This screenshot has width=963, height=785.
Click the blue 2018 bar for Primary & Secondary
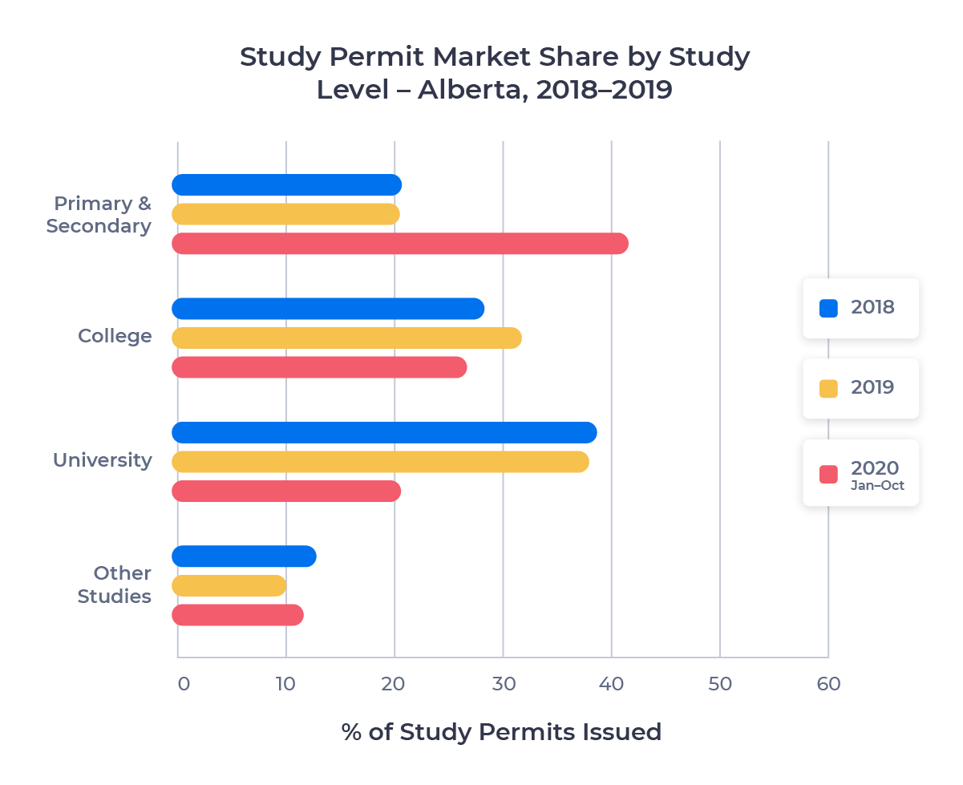pyautogui.click(x=286, y=185)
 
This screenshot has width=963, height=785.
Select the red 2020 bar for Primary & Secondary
pyautogui.click(x=399, y=244)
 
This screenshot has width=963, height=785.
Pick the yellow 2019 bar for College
pyautogui.click(x=346, y=338)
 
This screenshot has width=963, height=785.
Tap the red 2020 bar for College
pyautogui.click(x=319, y=367)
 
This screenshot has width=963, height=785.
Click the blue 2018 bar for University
pyautogui.click(x=384, y=433)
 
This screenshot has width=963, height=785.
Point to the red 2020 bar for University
pyautogui.click(x=286, y=492)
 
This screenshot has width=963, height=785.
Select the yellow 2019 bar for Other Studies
pyautogui.click(x=229, y=586)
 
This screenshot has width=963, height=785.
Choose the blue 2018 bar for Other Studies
pyautogui.click(x=244, y=556)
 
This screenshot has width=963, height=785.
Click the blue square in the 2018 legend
pyautogui.click(x=828, y=308)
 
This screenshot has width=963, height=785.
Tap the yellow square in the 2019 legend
pyautogui.click(x=828, y=389)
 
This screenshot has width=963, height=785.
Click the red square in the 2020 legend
pyautogui.click(x=828, y=474)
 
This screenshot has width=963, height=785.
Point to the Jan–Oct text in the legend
pyautogui.click(x=877, y=486)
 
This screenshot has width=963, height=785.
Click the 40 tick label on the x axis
pyautogui.click(x=611, y=684)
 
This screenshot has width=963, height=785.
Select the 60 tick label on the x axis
pyautogui.click(x=828, y=684)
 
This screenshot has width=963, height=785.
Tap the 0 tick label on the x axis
pyautogui.click(x=183, y=684)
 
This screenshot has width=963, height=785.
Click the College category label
pyautogui.click(x=115, y=336)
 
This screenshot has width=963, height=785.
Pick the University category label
pyautogui.click(x=102, y=460)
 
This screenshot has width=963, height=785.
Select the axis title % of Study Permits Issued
pyautogui.click(x=501, y=732)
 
